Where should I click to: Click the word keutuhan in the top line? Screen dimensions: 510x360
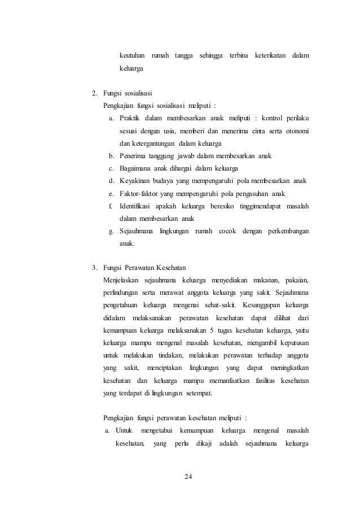tap(132, 56)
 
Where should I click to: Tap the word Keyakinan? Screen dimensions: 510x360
tap(135, 181)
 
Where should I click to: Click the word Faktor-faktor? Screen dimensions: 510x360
tap(139, 194)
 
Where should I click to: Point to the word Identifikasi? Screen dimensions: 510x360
tap(138, 206)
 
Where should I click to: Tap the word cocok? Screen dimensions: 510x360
tap(227, 231)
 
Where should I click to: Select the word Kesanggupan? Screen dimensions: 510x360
tap(257, 305)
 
